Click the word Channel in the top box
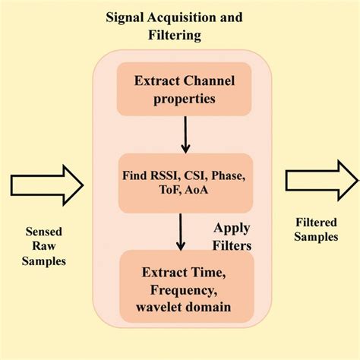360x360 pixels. tap(206, 81)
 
